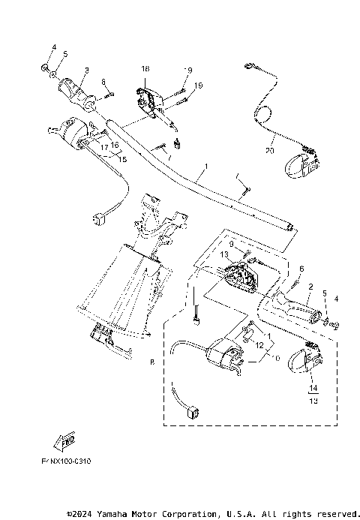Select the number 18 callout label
pos(145,69)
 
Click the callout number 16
pos(115,146)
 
